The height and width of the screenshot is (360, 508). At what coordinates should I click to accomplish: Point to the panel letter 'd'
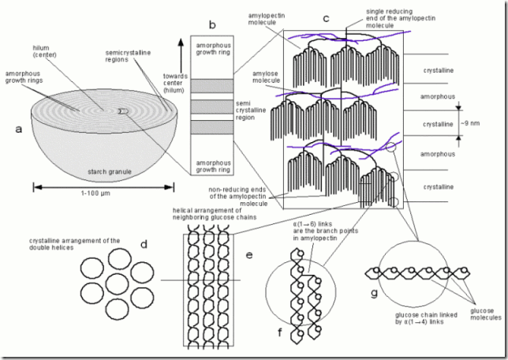(x=144, y=244)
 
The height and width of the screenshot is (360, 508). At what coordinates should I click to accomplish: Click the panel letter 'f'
(x=280, y=332)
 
